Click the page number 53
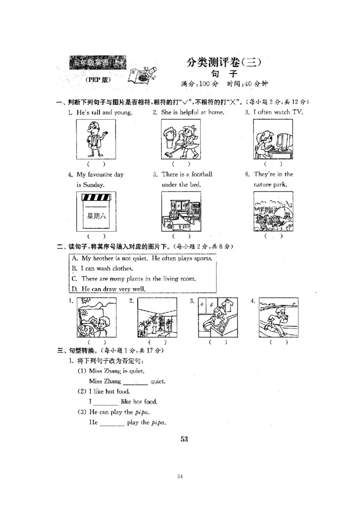(184, 439)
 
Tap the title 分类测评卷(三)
(224, 63)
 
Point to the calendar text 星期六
(96, 215)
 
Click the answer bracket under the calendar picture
(96, 236)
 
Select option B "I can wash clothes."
(103, 268)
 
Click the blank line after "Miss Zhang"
(135, 382)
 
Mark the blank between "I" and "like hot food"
(106, 402)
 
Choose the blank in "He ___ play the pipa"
(112, 423)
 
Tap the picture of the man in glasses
(96, 139)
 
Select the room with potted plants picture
(157, 317)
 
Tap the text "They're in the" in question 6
(273, 174)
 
